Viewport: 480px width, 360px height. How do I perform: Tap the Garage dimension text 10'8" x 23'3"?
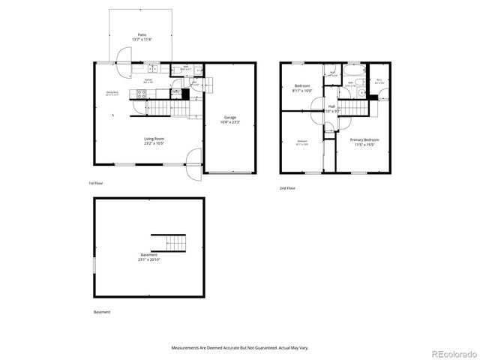point(231,122)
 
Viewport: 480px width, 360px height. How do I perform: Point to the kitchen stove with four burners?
point(140,94)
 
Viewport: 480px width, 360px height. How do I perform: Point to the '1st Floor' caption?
point(96,182)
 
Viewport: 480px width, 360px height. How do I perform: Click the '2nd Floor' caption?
point(287,188)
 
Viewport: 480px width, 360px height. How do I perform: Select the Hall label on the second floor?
point(331,107)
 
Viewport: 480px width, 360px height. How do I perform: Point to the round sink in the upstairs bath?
point(361,94)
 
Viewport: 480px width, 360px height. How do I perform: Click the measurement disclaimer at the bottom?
point(239,348)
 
